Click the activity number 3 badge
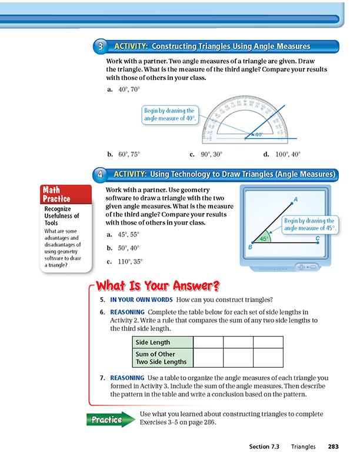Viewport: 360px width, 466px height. coord(101,46)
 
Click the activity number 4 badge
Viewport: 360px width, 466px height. coord(101,174)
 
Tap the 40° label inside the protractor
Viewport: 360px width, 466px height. coord(259,135)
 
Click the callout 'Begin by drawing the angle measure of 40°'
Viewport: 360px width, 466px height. coord(169,115)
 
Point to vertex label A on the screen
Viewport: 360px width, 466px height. coord(295,199)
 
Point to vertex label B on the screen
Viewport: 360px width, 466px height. coord(251,247)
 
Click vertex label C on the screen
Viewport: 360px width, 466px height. coord(318,238)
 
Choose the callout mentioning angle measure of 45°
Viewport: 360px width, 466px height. coord(309,224)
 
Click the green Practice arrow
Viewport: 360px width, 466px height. coord(110,420)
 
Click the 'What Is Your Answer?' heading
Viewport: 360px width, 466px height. coord(158,287)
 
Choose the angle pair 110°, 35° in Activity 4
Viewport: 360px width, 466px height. coord(130,261)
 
